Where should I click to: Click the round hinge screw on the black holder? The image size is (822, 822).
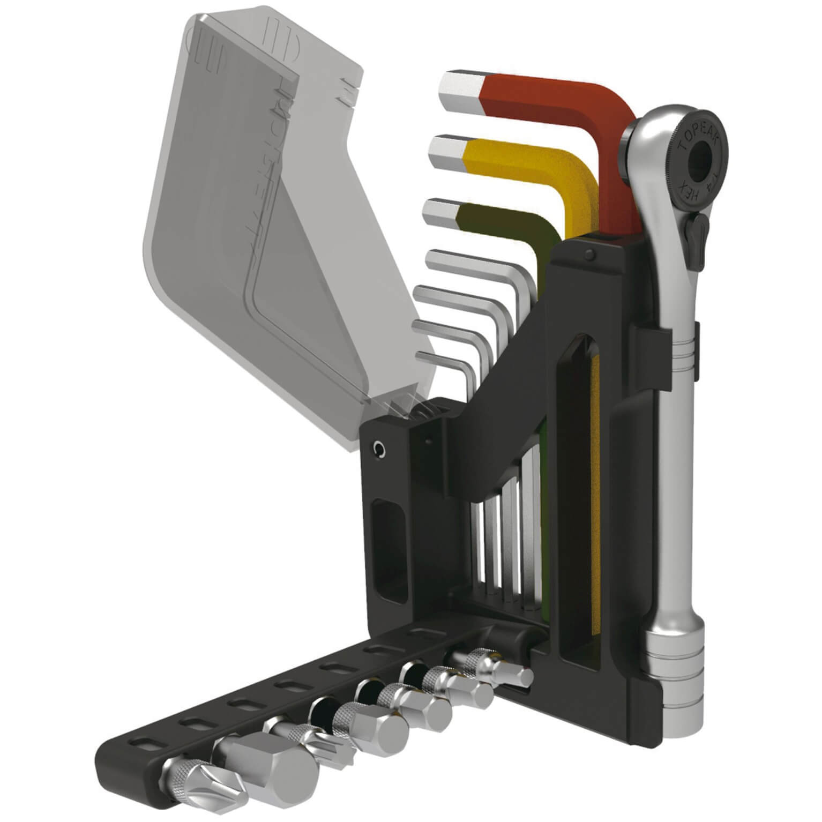379,447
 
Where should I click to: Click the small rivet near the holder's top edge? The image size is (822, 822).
590,255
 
